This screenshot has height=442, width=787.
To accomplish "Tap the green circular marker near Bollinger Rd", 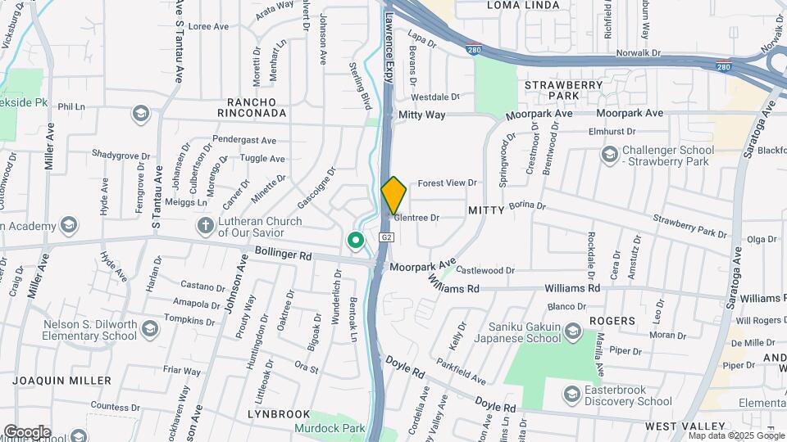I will click(356, 241).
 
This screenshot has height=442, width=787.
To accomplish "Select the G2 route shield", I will click(387, 237).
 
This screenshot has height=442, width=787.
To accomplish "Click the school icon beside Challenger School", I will click(609, 154).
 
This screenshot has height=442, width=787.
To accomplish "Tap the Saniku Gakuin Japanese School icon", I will click(572, 331).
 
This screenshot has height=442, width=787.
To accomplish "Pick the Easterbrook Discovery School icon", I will click(571, 395).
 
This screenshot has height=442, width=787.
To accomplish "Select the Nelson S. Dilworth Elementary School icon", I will click(149, 329).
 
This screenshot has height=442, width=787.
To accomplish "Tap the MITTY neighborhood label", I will click(484, 210).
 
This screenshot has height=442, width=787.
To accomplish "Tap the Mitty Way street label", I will click(422, 115).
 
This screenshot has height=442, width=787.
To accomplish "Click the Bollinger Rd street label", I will click(284, 255).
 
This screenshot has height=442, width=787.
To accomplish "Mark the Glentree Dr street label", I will click(417, 218).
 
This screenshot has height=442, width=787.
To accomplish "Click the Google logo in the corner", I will click(28, 431).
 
